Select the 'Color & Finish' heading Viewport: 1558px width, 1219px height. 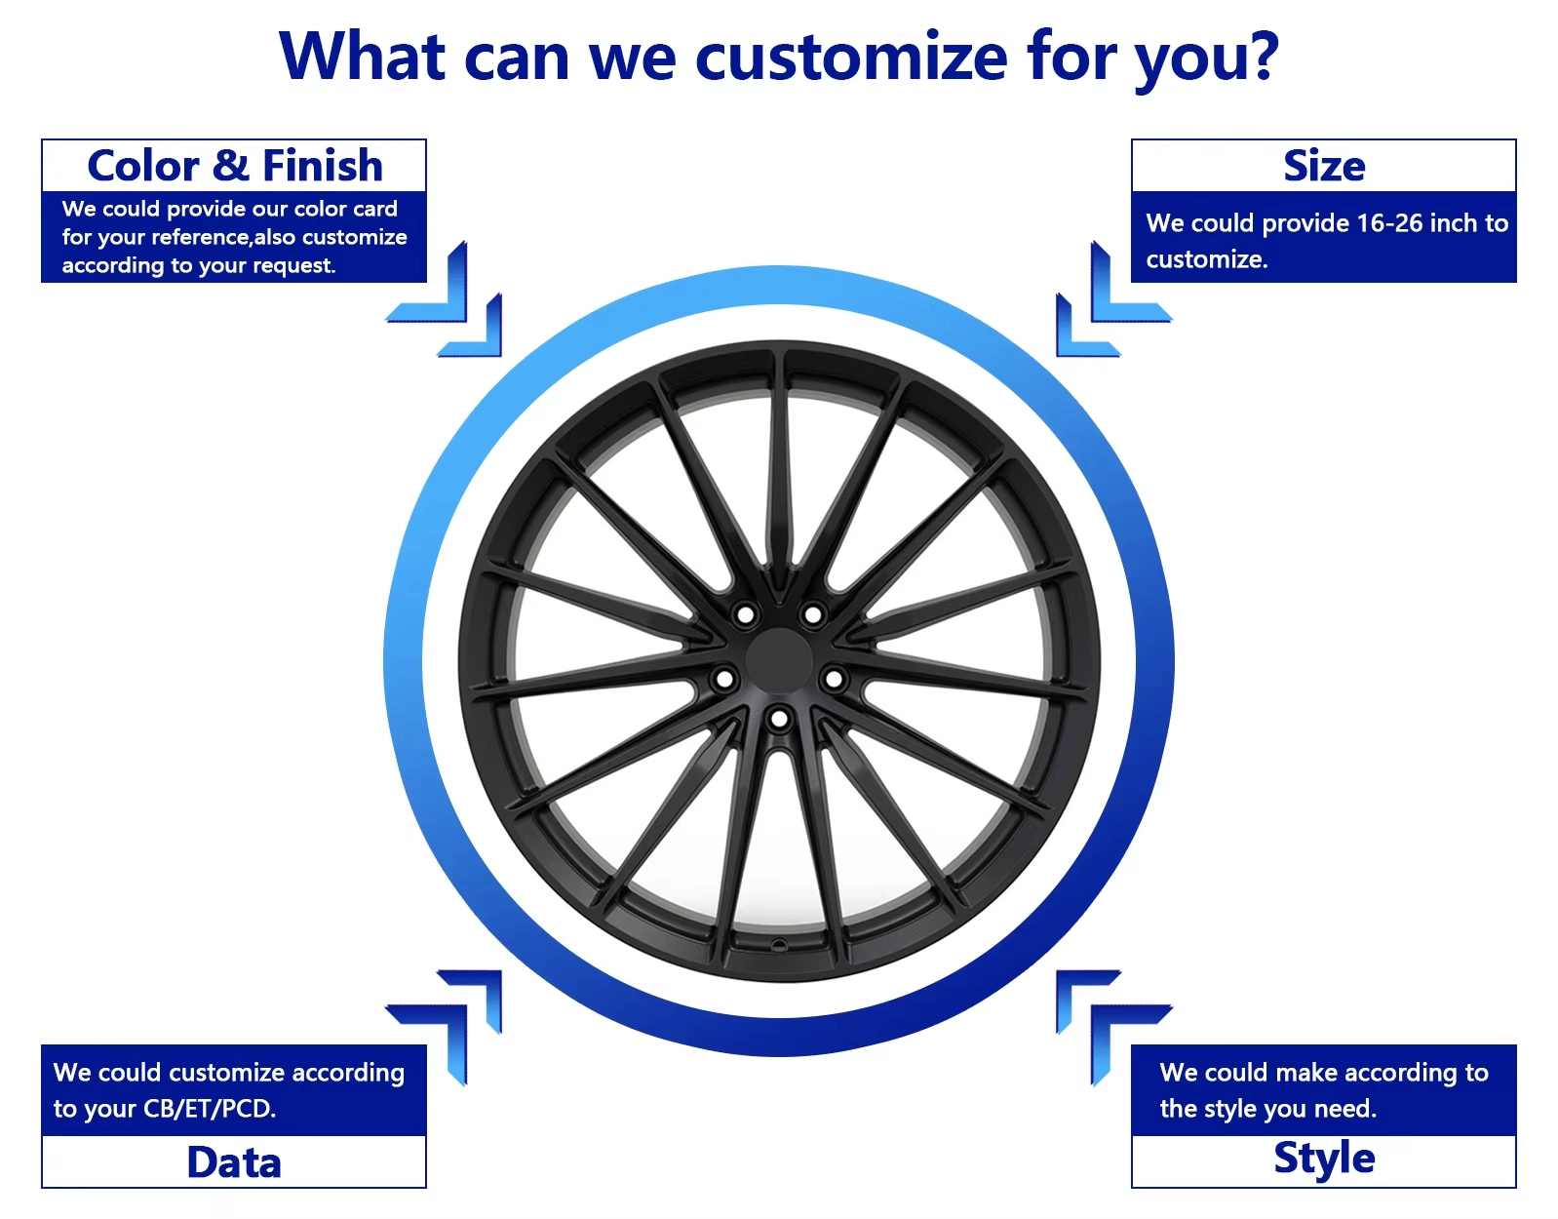(x=234, y=166)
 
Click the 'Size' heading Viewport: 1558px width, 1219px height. (x=1324, y=167)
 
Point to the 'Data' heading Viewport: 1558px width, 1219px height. (x=234, y=1161)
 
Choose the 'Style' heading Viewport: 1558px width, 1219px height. (x=1324, y=1159)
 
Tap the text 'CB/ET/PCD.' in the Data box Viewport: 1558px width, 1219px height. (x=210, y=1109)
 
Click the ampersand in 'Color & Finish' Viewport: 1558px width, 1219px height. (x=231, y=166)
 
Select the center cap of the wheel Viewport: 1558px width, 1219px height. (x=779, y=661)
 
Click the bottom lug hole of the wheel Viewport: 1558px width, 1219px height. (x=779, y=719)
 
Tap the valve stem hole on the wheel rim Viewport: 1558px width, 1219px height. (x=779, y=945)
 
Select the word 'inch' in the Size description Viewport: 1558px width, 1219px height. (x=1453, y=223)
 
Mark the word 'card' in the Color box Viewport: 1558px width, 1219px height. (x=373, y=209)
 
